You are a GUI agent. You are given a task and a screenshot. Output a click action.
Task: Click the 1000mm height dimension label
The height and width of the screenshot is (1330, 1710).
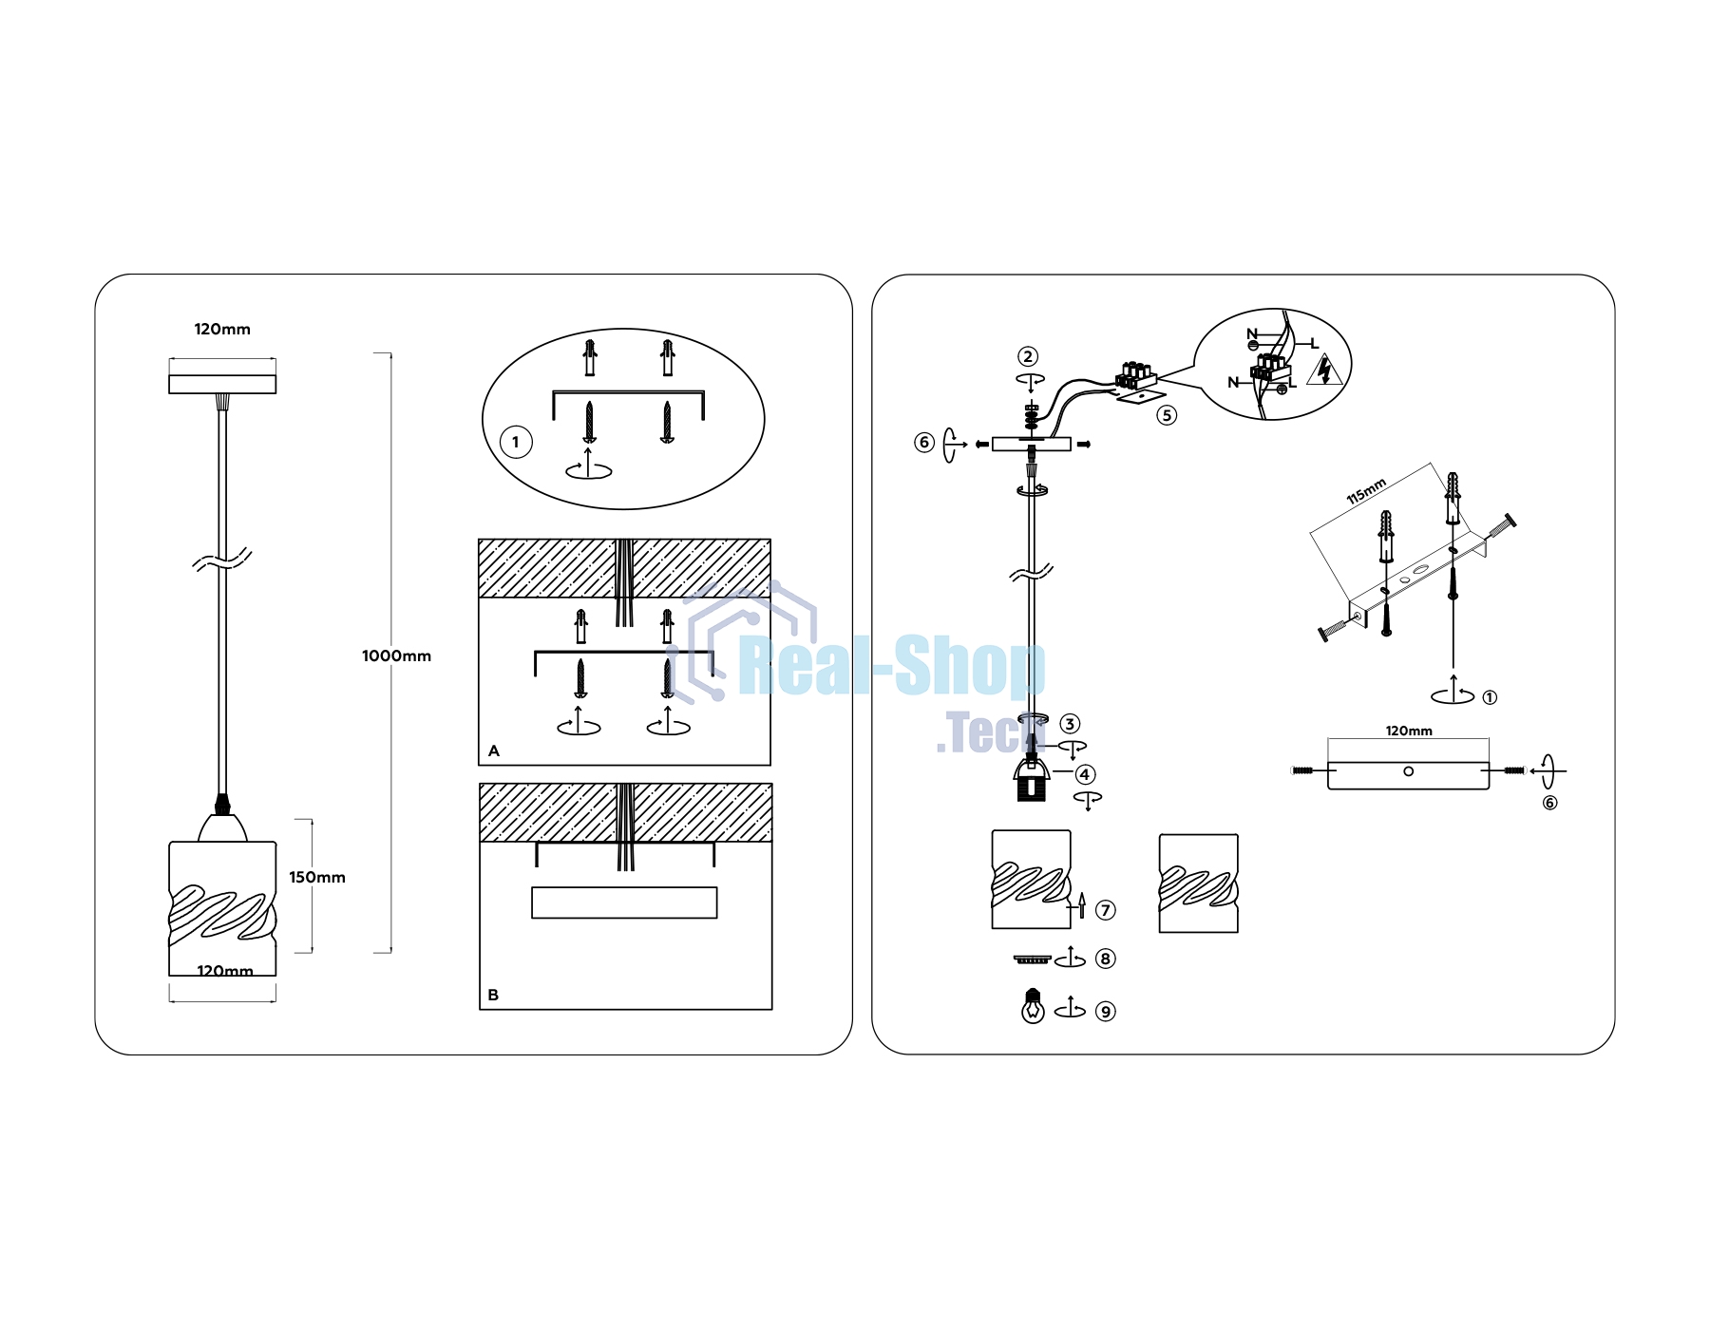[x=396, y=655]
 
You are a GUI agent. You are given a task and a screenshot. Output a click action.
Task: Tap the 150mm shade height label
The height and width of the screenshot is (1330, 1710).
[x=317, y=877]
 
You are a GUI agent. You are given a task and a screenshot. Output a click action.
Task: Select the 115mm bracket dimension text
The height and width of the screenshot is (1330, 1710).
[x=1366, y=491]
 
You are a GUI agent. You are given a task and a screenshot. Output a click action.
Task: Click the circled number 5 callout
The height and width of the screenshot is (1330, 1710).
[x=1167, y=415]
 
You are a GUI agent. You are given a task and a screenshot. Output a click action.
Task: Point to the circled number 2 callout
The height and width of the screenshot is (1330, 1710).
[x=1028, y=356]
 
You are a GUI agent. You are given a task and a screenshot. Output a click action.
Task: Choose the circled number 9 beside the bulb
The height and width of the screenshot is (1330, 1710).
[x=1105, y=1012]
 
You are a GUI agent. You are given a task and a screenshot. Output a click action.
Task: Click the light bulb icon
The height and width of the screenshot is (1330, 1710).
[x=1033, y=1005]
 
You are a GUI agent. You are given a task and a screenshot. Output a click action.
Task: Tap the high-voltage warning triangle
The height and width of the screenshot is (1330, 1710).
[x=1324, y=370]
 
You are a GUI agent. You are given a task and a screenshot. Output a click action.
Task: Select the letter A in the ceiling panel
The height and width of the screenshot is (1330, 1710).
[x=494, y=750]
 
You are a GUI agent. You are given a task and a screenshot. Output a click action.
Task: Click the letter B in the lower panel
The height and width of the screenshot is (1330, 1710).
[x=493, y=995]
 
